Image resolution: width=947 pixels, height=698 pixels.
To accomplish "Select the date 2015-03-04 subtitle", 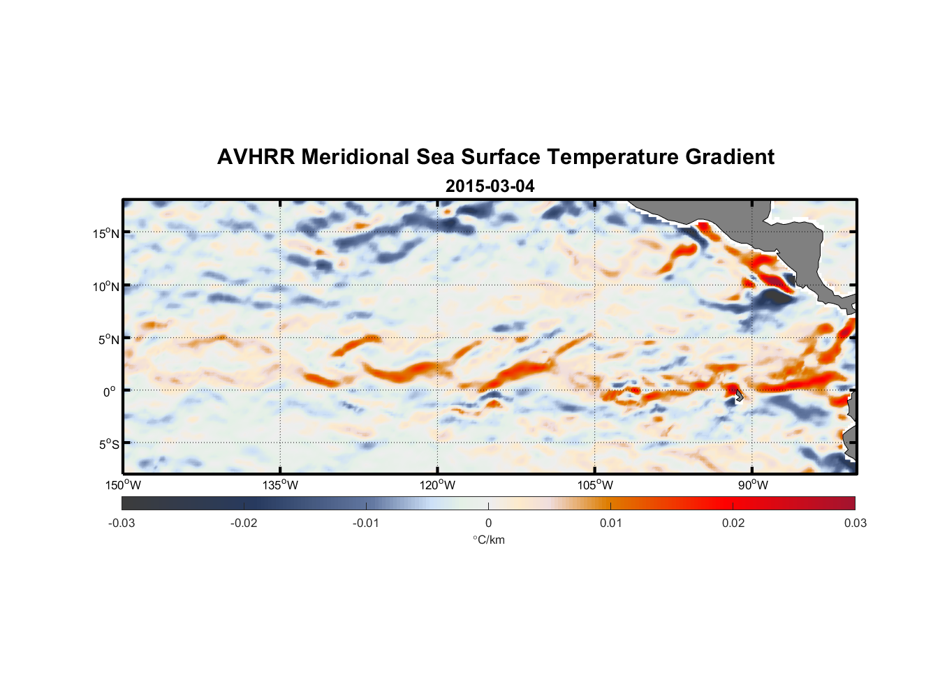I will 490,186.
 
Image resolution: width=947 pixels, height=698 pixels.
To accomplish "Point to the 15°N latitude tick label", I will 106,233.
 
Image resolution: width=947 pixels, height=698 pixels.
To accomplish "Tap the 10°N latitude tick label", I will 106,286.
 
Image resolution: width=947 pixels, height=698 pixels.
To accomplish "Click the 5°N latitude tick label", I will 109,339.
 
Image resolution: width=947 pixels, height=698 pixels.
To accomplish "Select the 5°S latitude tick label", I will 109,445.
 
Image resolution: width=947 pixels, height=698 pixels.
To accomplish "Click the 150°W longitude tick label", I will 123,485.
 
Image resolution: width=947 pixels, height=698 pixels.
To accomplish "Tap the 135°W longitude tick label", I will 280,485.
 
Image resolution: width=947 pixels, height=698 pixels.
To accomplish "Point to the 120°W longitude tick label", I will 437,485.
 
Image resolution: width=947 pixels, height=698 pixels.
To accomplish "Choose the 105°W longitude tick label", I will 595,485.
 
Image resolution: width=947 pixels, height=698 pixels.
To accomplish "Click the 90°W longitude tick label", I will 752,485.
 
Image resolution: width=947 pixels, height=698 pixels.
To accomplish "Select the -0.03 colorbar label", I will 122,523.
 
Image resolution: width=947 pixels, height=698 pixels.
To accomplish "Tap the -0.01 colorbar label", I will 366,523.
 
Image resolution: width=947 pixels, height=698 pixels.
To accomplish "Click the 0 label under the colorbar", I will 488,523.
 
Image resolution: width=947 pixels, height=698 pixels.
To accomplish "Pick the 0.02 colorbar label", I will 733,523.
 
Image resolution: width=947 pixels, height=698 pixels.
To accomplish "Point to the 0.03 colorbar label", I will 855,523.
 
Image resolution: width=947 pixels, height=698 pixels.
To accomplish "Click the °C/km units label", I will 488,540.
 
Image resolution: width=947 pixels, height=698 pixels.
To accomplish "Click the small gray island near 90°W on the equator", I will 739,396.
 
